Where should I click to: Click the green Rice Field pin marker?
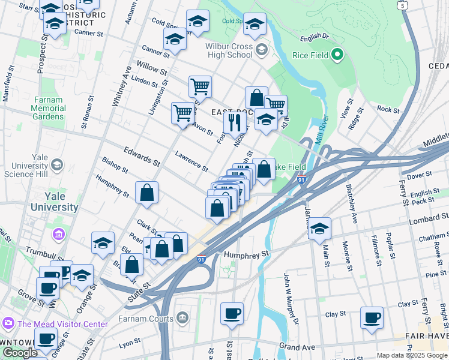pos(337,55)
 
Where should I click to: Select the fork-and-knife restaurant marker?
pos(235,122)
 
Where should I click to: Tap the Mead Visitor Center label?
pos(62,324)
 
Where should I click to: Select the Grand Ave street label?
pos(297,347)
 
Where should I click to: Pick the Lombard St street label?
pos(424,220)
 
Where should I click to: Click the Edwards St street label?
pos(142,155)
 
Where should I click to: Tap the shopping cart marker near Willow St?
pos(200,86)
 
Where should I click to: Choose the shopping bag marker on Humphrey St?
pos(146,193)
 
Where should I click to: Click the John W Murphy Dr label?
pos(290,298)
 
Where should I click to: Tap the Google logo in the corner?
pos(20,353)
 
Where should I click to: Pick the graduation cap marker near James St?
pos(319,229)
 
